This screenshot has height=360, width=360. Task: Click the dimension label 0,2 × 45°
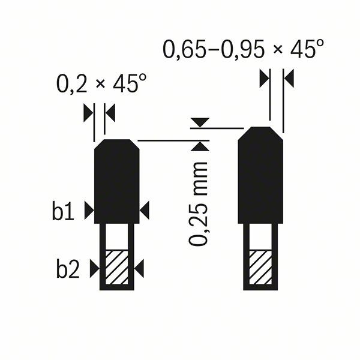101,85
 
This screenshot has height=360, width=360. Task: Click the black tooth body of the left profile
117,183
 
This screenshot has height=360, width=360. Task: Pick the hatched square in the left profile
117,268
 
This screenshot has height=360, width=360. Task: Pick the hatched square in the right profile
261,268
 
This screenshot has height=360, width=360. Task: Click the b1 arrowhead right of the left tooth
145,210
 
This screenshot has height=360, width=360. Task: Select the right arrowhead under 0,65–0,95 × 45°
288,78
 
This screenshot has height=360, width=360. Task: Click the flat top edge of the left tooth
117,140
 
